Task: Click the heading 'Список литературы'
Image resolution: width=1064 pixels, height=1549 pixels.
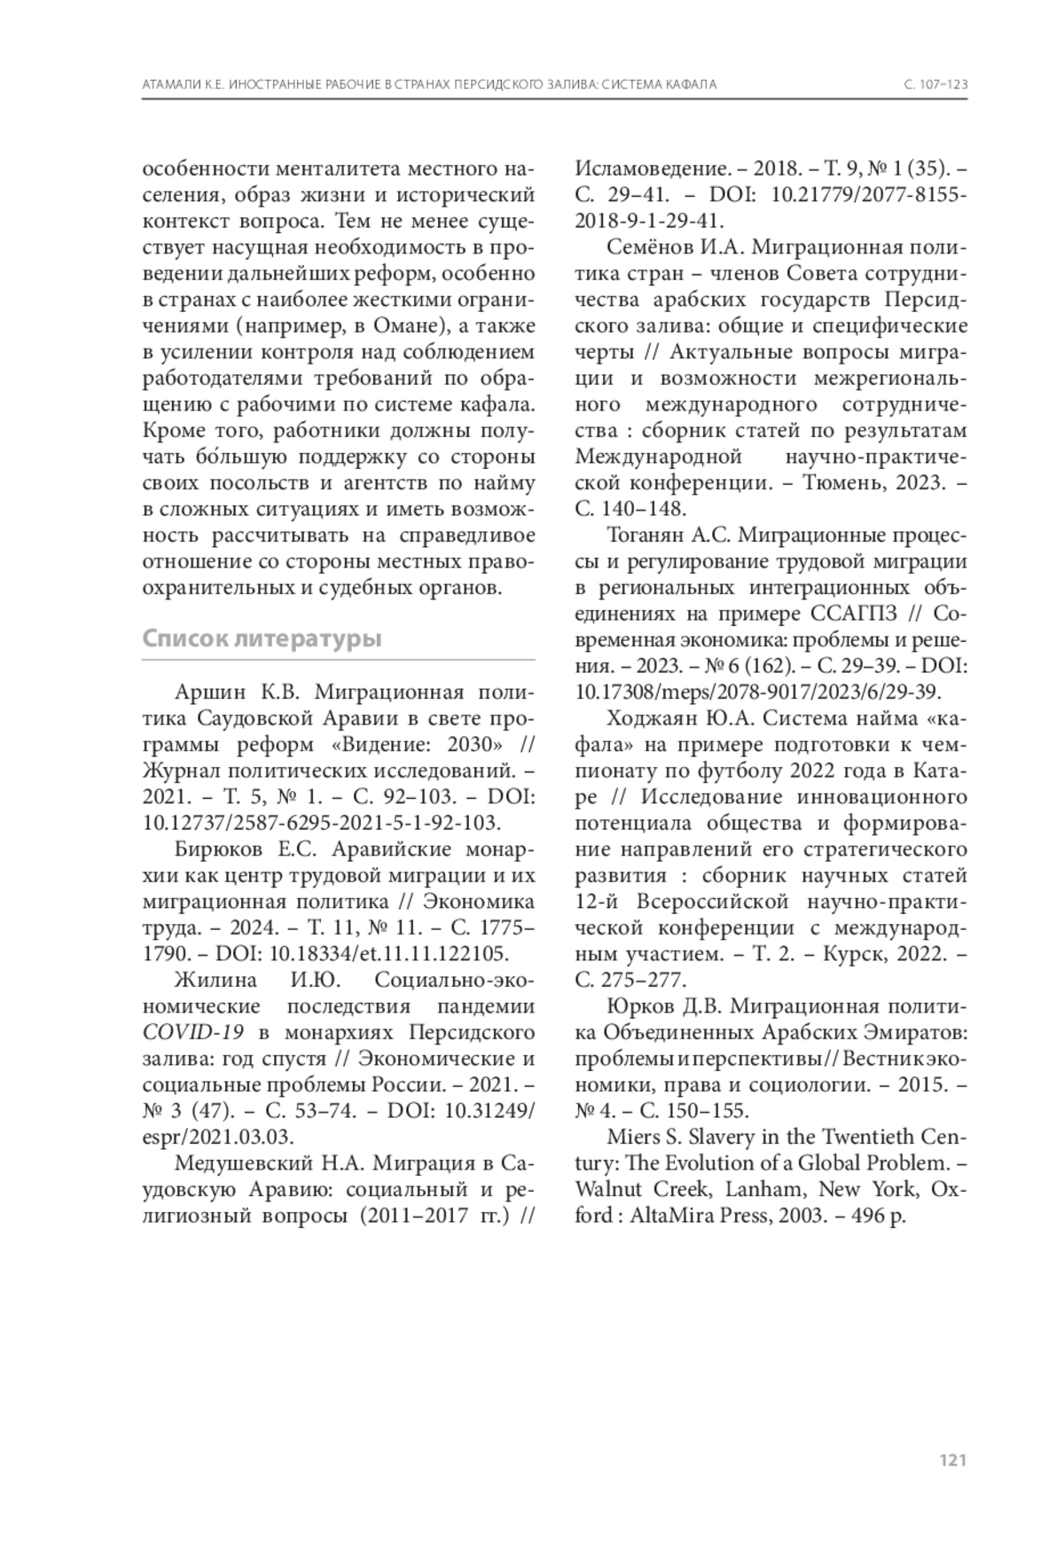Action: [x=262, y=639]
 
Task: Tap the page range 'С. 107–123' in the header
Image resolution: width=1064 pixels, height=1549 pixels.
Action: [x=935, y=84]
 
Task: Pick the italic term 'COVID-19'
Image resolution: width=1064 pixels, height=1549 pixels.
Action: [x=185, y=1033]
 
